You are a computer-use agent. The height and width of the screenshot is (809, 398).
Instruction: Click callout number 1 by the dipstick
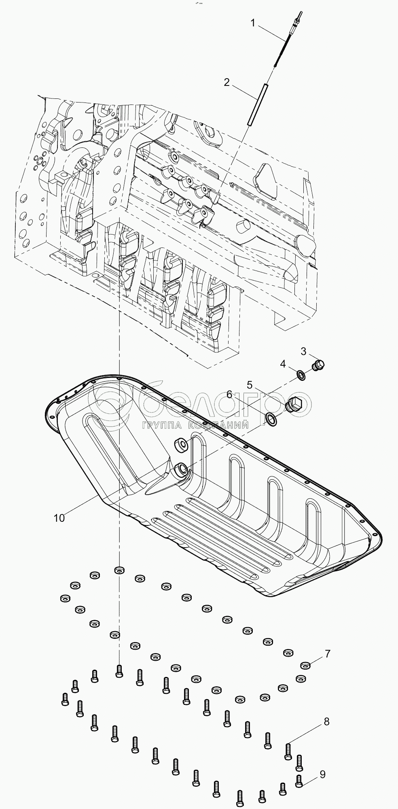click(x=253, y=23)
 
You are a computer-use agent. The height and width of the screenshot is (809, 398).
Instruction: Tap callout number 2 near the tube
click(x=227, y=82)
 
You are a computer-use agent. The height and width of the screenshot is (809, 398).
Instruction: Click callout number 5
click(x=250, y=384)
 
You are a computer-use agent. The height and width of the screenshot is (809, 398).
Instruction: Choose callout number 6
click(x=229, y=394)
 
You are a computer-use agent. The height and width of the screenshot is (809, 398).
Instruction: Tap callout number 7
click(x=327, y=653)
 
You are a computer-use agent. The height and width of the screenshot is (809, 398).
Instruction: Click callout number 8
click(x=326, y=721)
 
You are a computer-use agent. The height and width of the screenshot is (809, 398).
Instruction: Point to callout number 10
click(x=59, y=518)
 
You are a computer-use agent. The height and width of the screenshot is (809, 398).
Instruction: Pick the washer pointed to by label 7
click(x=306, y=665)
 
